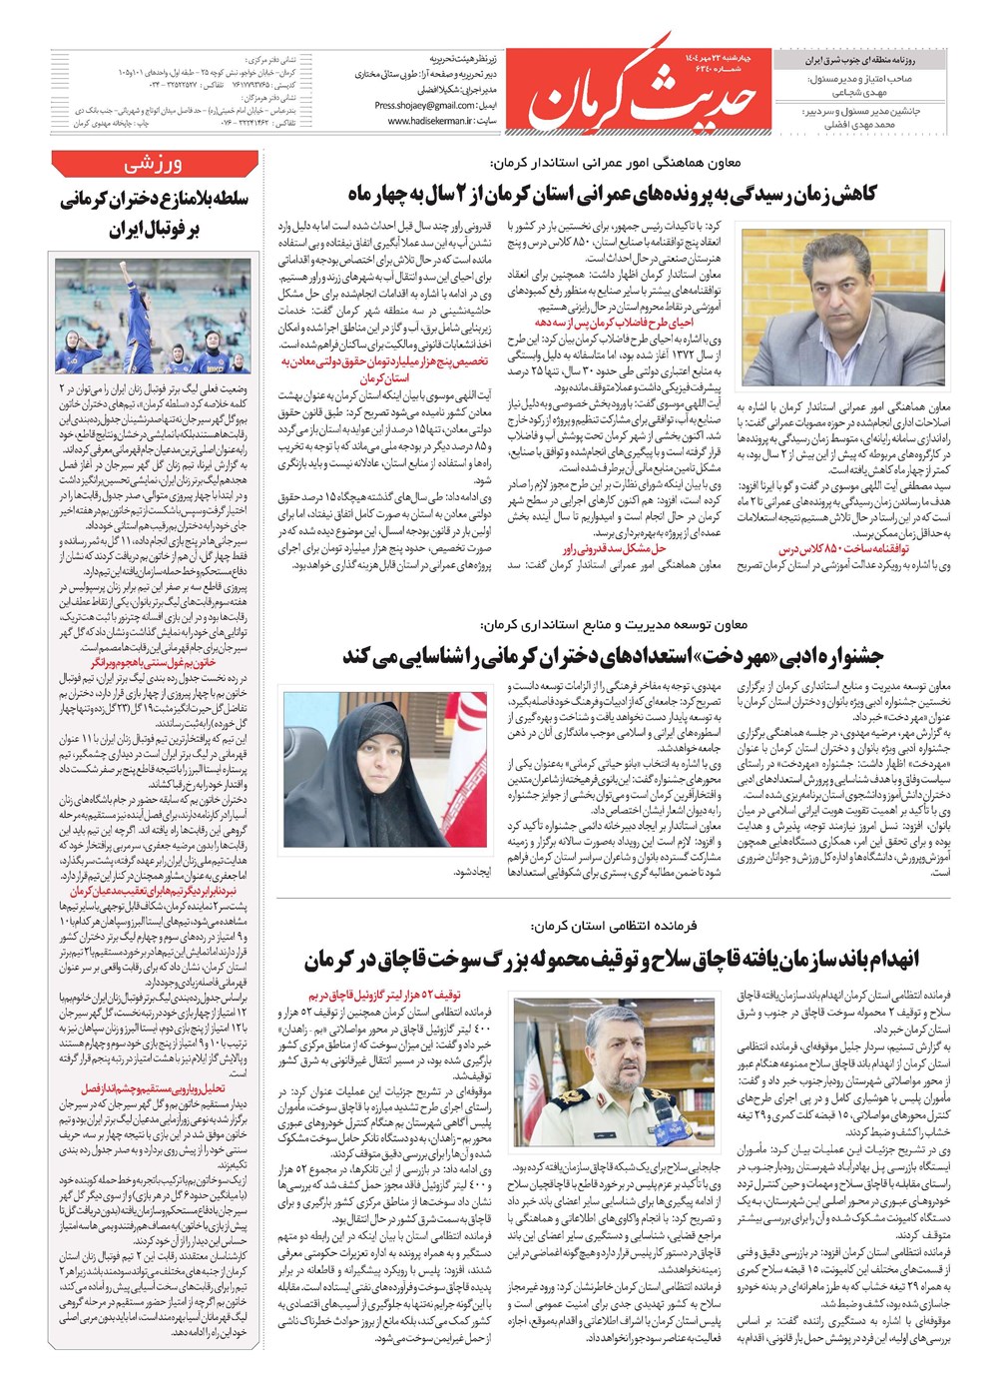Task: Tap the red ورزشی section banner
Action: click(x=154, y=164)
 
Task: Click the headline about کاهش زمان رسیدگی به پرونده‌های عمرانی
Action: click(x=612, y=194)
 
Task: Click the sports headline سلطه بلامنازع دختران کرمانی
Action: click(x=154, y=214)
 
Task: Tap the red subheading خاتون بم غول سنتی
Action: click(x=154, y=662)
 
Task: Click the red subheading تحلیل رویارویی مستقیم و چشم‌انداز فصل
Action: click(x=154, y=1089)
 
